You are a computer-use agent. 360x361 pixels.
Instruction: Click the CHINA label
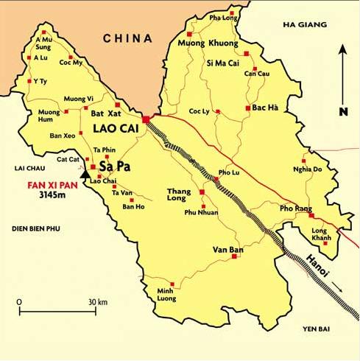(x=127, y=38)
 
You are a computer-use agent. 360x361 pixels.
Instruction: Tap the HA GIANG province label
(x=303, y=25)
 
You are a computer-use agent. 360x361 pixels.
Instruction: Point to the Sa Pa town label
(x=111, y=167)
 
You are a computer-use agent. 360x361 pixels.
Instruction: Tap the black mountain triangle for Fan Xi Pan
(x=85, y=175)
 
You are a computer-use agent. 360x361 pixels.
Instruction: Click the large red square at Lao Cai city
(x=147, y=119)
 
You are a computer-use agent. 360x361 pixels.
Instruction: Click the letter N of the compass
(x=343, y=112)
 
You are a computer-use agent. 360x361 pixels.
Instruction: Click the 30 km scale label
(x=98, y=302)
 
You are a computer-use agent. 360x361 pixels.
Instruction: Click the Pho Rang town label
(x=294, y=208)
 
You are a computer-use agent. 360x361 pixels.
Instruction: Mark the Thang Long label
(x=180, y=194)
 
